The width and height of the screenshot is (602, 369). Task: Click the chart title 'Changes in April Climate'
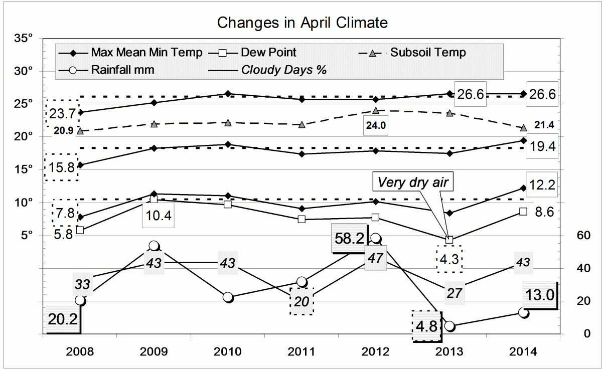pyautogui.click(x=302, y=23)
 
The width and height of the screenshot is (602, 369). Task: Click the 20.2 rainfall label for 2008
pyautogui.click(x=63, y=318)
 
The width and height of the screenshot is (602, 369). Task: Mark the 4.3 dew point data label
pyautogui.click(x=449, y=260)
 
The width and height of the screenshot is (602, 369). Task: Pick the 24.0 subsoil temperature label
pyautogui.click(x=376, y=126)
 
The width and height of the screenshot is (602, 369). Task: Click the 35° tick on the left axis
pyautogui.click(x=26, y=38)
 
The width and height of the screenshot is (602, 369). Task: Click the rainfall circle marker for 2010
pyautogui.click(x=228, y=297)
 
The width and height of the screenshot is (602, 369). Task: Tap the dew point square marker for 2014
pyautogui.click(x=523, y=212)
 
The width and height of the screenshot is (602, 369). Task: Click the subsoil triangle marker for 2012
pyautogui.click(x=376, y=110)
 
